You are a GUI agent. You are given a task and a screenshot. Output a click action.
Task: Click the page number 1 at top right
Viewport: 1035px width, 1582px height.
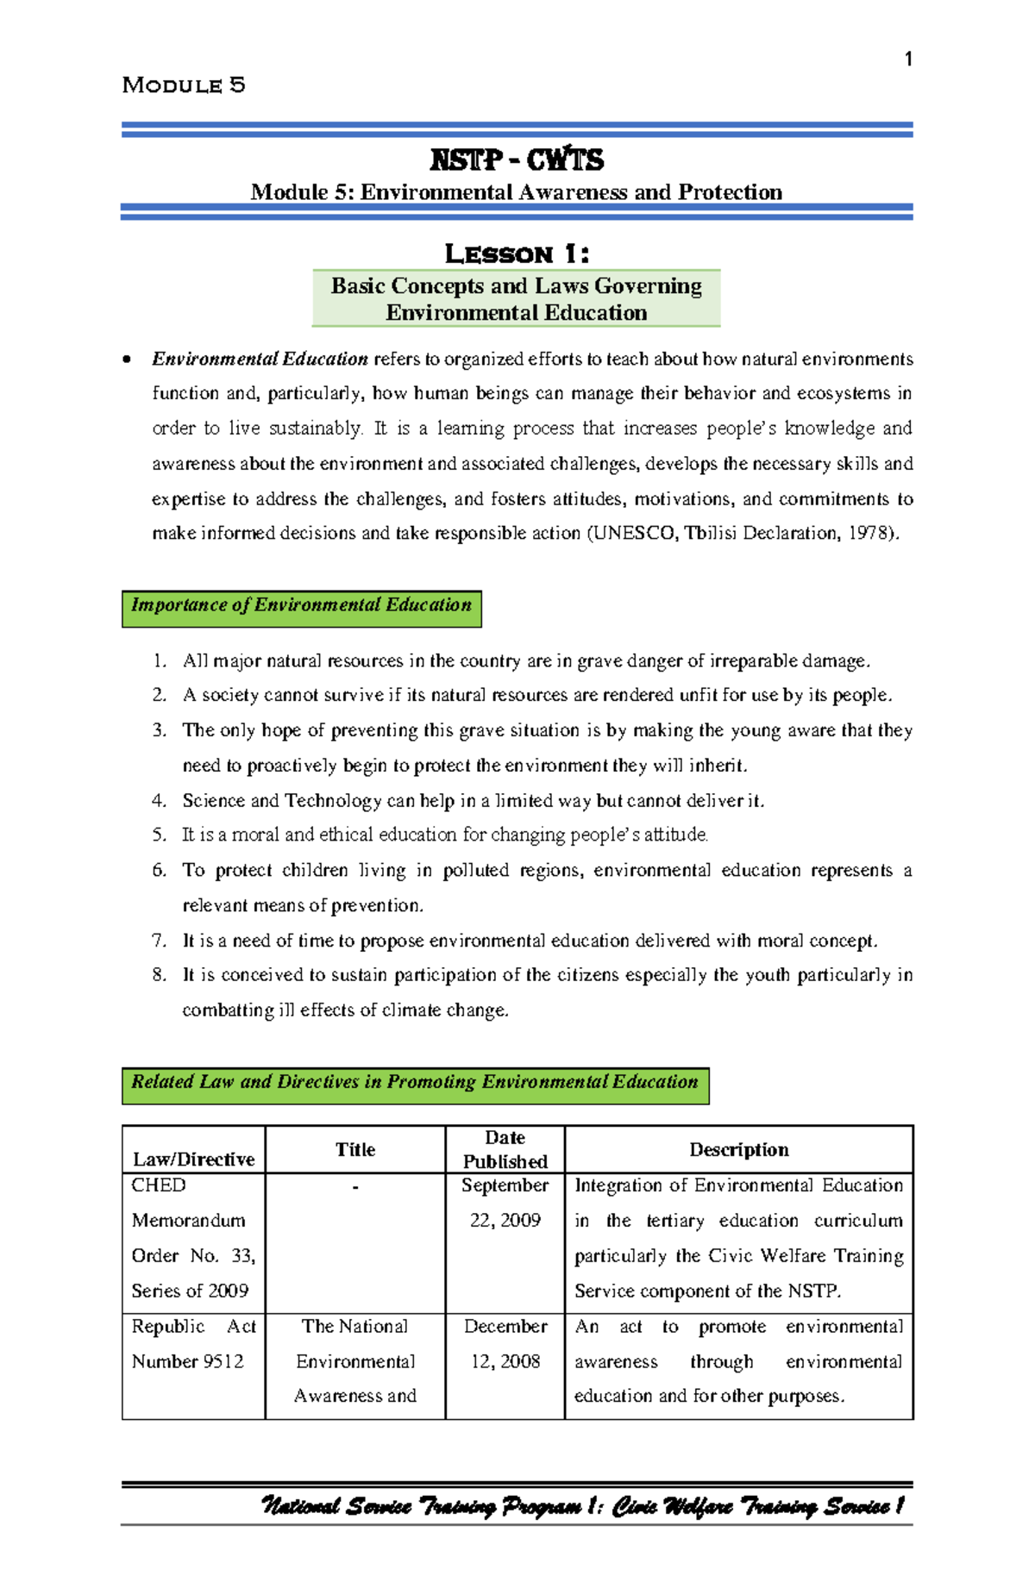tap(907, 59)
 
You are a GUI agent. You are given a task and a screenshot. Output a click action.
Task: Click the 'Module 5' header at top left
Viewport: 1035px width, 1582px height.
tap(184, 85)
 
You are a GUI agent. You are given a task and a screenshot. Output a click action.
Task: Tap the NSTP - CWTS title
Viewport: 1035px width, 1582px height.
tap(517, 160)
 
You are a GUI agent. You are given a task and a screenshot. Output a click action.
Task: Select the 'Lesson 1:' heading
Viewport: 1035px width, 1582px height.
tap(517, 254)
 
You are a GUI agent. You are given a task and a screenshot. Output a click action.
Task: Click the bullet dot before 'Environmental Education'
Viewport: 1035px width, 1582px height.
tap(128, 360)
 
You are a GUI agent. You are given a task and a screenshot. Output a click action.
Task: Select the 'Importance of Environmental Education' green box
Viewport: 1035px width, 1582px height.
tap(301, 607)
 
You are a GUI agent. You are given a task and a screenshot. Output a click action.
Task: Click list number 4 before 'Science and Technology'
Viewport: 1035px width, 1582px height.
tap(159, 801)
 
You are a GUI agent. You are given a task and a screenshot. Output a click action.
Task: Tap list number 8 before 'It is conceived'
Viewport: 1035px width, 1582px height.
tap(159, 975)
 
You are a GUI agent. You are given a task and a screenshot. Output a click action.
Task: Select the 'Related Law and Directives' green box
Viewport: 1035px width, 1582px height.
tap(415, 1084)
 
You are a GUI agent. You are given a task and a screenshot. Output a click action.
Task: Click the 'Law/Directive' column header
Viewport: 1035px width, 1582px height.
tap(193, 1159)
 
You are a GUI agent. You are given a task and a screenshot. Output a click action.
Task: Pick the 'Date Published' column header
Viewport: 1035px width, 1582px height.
tap(505, 1149)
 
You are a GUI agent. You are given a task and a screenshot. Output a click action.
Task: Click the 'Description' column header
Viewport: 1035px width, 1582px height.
tap(738, 1149)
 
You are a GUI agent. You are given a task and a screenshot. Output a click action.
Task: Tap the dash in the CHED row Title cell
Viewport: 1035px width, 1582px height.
tap(355, 1188)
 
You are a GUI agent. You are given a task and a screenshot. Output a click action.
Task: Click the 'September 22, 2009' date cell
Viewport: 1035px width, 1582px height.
tap(505, 1203)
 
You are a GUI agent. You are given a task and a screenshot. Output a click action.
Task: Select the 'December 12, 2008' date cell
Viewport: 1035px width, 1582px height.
tap(505, 1343)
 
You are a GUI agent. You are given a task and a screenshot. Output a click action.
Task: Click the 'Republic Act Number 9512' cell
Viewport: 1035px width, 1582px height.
tap(193, 1343)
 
